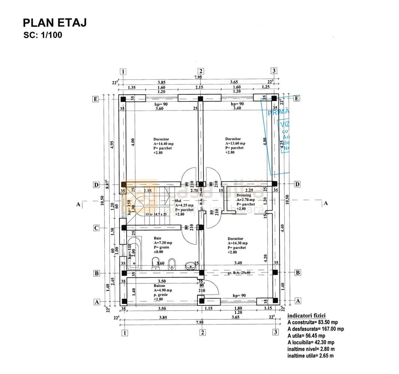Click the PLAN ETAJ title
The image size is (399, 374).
click(55, 23)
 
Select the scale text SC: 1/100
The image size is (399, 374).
click(43, 36)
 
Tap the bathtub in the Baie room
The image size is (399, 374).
click(134, 253)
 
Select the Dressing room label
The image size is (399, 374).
click(244, 195)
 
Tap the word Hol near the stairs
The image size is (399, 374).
click(178, 201)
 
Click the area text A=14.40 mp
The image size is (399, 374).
click(163, 143)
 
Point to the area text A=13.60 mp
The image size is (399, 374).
click(235, 143)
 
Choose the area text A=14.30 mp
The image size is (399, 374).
click(238, 243)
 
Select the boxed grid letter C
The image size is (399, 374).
click(96, 228)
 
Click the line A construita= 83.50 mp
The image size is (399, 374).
click(313, 322)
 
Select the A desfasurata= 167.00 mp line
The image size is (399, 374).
click(315, 329)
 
